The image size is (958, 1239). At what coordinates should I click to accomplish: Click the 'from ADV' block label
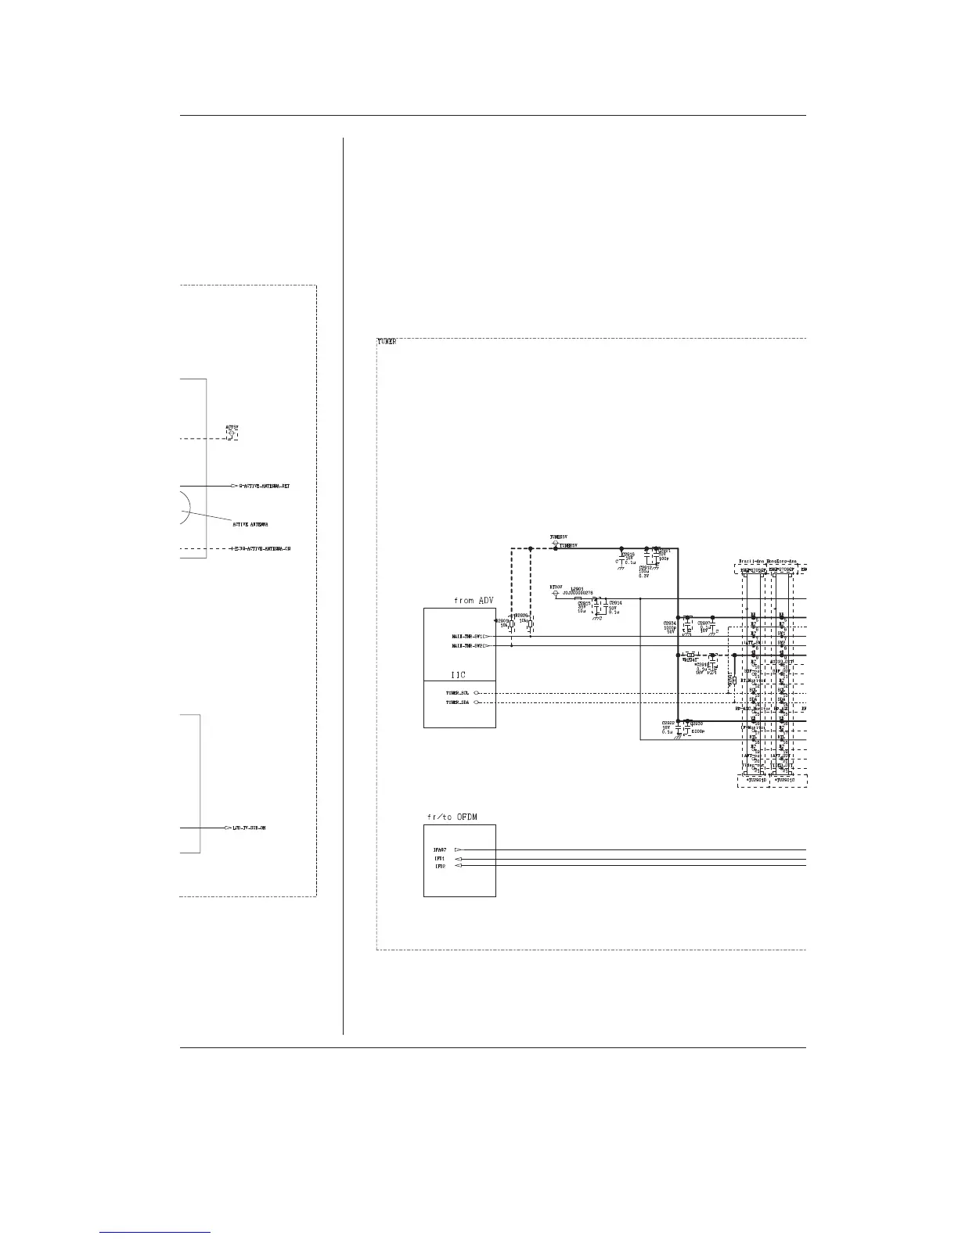(474, 601)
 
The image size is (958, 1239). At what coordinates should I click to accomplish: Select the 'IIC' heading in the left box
(459, 673)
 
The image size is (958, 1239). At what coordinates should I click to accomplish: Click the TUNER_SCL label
(458, 693)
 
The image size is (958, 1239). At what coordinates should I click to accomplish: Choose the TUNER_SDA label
(458, 702)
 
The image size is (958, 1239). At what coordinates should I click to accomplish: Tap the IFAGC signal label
(440, 849)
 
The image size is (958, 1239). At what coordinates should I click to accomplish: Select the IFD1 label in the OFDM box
(440, 859)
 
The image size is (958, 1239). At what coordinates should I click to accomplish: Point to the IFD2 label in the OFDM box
(440, 867)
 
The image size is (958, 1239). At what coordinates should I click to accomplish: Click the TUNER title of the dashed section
(387, 342)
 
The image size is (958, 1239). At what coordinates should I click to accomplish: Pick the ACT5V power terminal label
(232, 428)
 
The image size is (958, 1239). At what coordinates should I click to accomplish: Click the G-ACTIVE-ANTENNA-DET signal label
(265, 487)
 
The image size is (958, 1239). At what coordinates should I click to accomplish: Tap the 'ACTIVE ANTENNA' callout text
(250, 524)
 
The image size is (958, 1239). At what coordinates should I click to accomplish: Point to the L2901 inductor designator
(577, 588)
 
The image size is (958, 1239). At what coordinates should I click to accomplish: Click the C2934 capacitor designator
(669, 623)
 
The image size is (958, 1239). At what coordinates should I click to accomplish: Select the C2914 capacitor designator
(615, 603)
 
